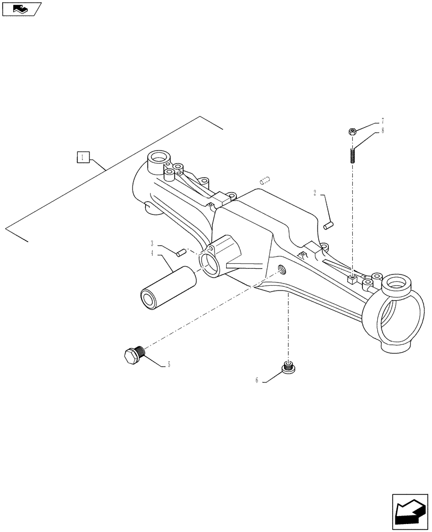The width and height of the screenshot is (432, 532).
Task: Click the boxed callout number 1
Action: tap(82, 157)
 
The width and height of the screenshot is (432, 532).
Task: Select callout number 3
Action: tap(152, 243)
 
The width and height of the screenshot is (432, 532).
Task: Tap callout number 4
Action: tap(152, 254)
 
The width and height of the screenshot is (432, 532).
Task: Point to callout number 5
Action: tap(169, 364)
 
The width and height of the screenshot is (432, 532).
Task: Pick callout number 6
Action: tap(257, 380)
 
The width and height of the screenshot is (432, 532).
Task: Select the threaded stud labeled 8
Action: tap(352, 156)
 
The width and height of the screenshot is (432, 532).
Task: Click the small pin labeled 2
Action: tap(328, 226)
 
